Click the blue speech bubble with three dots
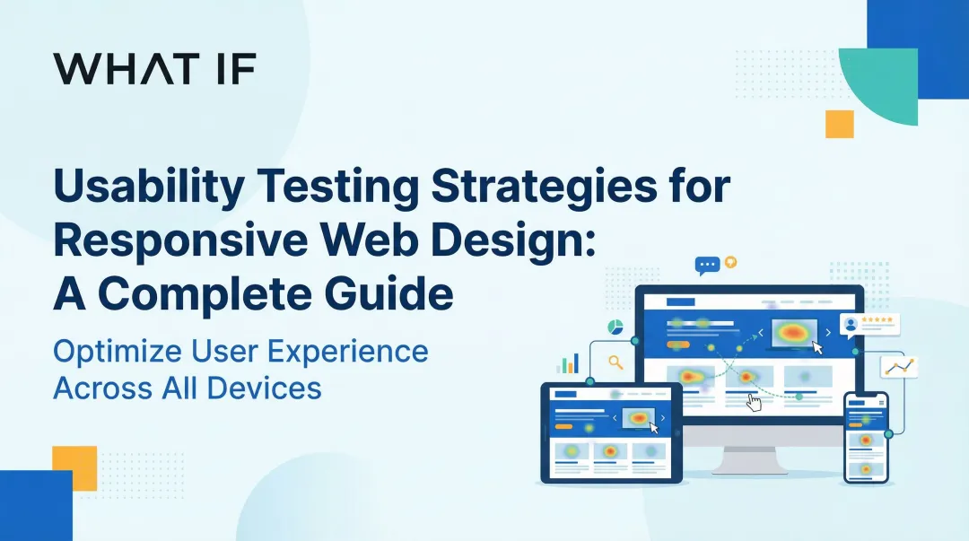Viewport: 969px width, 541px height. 708,266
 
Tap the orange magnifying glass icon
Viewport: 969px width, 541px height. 615,362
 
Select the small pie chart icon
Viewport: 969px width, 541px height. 615,325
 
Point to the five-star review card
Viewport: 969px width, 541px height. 869,323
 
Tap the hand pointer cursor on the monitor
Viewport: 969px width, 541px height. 754,403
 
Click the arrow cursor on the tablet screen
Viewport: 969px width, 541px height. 653,429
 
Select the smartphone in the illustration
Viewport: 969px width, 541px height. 866,437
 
